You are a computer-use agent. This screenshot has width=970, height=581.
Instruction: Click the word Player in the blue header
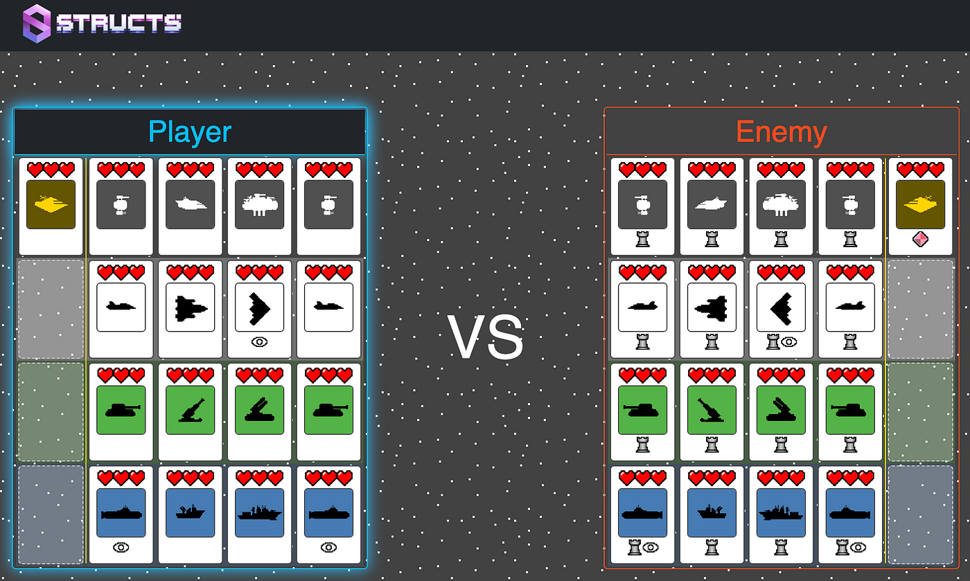pos(190,132)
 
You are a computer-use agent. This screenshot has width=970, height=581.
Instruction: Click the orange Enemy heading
pos(782,132)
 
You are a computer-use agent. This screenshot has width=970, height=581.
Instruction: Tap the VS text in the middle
pos(486,337)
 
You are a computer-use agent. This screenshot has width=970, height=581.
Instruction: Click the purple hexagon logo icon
pos(36,24)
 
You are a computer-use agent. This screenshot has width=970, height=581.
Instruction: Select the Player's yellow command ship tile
pos(51,204)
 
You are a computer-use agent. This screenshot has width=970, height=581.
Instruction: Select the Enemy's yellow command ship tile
pos(920,204)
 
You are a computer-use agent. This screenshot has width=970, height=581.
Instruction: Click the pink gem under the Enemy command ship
pos(920,239)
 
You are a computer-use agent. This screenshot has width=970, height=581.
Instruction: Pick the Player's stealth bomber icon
pos(259,307)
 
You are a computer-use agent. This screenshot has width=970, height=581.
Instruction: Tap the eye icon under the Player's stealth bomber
pos(259,342)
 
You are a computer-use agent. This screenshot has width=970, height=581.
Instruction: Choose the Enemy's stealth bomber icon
pos(782,308)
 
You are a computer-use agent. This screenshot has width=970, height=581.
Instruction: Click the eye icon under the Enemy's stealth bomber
pos(789,342)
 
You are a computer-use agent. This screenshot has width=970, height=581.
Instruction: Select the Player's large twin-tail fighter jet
pos(190,308)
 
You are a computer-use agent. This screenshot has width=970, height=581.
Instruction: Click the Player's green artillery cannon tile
pos(190,410)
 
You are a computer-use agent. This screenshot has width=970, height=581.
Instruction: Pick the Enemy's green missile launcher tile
pos(782,410)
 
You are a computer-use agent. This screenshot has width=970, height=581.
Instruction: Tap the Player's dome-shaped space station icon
pos(259,204)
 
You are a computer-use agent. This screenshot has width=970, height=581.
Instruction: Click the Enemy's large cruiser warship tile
pos(782,513)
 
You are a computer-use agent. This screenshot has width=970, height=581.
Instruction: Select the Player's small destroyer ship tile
pos(190,513)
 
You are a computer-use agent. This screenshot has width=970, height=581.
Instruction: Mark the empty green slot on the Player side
pos(51,412)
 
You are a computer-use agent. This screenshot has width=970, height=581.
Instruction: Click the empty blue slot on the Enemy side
pos(920,515)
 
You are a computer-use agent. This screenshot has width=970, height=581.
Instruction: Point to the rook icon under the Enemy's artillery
pos(712,445)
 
